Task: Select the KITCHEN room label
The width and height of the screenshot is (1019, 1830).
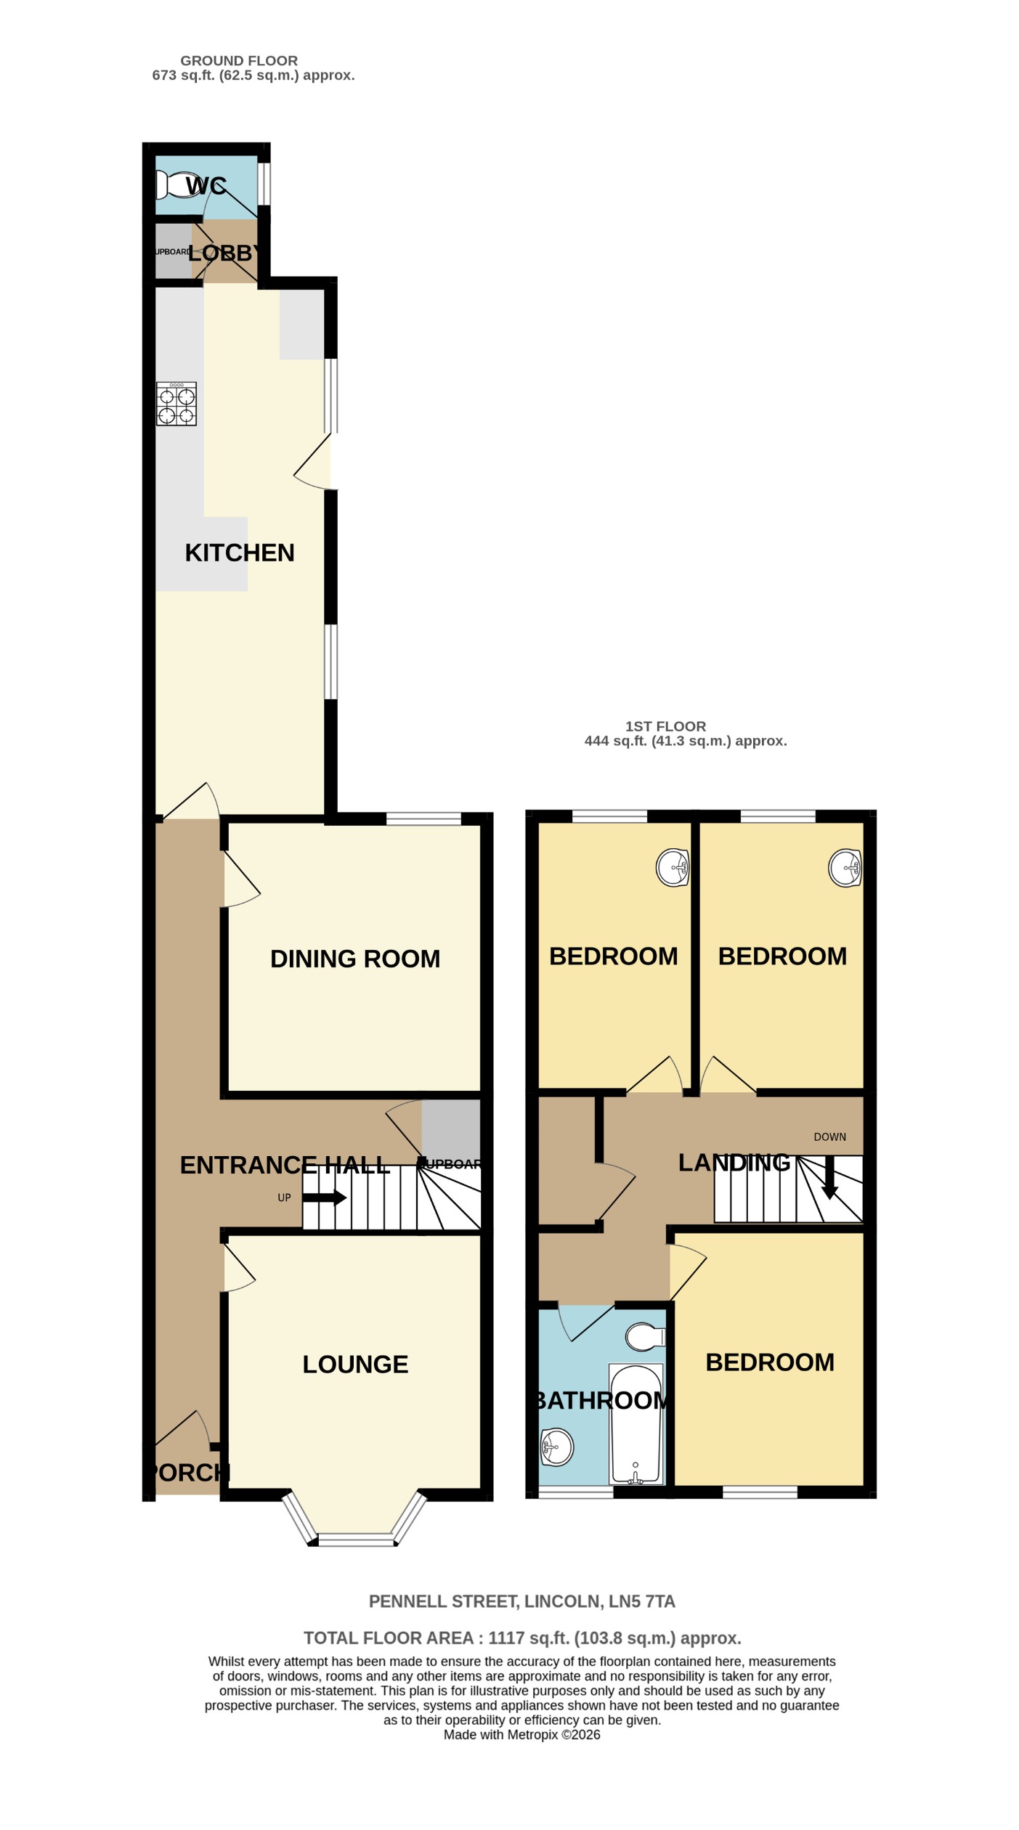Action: (240, 553)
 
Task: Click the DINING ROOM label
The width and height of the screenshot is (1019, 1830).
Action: (355, 959)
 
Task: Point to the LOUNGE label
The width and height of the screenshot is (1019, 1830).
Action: (355, 1364)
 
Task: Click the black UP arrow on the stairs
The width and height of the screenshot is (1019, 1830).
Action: (324, 1197)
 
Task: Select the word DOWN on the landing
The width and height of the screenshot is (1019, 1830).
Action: (829, 1137)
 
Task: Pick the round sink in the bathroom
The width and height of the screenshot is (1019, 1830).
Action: (557, 1447)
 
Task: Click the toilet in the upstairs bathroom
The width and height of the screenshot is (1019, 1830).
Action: (644, 1337)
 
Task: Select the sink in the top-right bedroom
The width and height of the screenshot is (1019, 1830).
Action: (845, 868)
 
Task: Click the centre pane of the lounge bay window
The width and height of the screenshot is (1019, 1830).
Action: (355, 1539)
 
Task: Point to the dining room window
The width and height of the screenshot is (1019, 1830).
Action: (423, 819)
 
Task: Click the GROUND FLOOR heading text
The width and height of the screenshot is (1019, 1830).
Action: (239, 61)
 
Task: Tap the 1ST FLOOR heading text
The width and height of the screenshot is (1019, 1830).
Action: (665, 726)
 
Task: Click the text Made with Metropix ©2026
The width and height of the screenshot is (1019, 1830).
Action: (521, 1735)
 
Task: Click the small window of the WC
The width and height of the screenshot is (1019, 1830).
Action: (266, 184)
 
